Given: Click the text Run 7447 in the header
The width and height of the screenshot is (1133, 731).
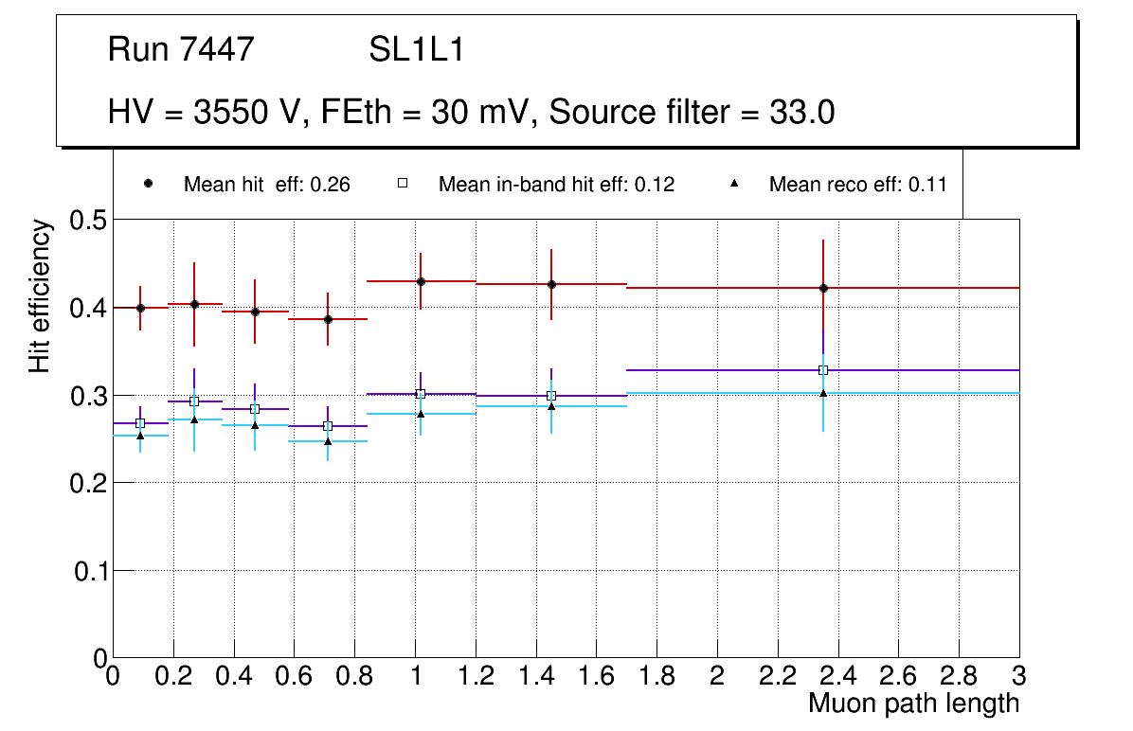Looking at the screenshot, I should point(181,49).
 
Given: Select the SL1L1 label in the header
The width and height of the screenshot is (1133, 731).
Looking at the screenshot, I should point(417,49).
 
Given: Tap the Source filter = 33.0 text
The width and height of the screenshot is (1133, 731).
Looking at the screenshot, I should point(692,113).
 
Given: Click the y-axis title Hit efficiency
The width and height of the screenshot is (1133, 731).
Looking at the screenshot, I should point(40,295).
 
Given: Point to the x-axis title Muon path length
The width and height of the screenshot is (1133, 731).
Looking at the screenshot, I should point(913,704).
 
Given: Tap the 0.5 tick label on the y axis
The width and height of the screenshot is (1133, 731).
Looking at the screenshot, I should point(89,221).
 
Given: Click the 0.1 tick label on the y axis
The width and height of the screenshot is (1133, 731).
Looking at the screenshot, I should point(89,571).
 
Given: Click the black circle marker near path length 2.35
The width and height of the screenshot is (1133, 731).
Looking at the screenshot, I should point(823,288).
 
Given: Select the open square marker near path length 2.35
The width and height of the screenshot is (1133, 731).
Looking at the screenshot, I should point(823,370).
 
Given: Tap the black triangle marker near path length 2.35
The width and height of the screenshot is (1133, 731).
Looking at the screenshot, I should point(823,393).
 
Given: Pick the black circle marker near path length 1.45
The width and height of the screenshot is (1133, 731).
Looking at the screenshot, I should point(551,284).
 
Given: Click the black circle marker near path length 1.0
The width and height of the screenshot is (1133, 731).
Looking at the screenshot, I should point(421,281).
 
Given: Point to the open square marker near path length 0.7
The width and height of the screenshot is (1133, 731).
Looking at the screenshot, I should point(328,426).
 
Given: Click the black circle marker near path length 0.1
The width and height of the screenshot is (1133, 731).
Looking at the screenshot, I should point(140,308).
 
